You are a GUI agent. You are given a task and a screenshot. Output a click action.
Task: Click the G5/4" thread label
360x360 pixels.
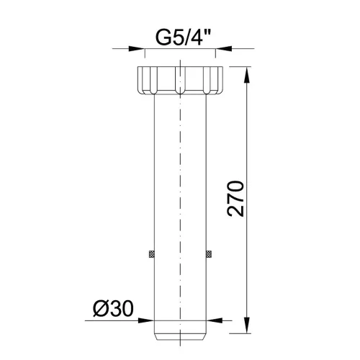click(183, 37)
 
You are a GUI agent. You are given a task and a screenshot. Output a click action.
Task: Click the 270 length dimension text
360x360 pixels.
click(235, 199)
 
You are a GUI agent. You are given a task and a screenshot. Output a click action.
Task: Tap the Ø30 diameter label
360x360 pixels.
click(113, 309)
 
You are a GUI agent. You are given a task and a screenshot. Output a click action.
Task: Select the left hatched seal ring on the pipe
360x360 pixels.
click(151, 254)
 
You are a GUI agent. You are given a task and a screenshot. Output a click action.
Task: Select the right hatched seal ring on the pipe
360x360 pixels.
click(209, 254)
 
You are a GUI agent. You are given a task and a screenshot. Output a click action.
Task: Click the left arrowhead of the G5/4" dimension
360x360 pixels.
click(137, 49)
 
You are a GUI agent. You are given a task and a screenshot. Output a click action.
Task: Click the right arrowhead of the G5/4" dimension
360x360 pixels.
click(223, 49)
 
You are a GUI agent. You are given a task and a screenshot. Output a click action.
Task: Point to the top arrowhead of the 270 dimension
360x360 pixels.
click(247, 75)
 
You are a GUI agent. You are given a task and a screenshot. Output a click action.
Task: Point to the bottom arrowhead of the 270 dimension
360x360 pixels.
click(247, 325)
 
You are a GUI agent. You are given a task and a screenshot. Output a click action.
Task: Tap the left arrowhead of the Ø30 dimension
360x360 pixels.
click(146, 320)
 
